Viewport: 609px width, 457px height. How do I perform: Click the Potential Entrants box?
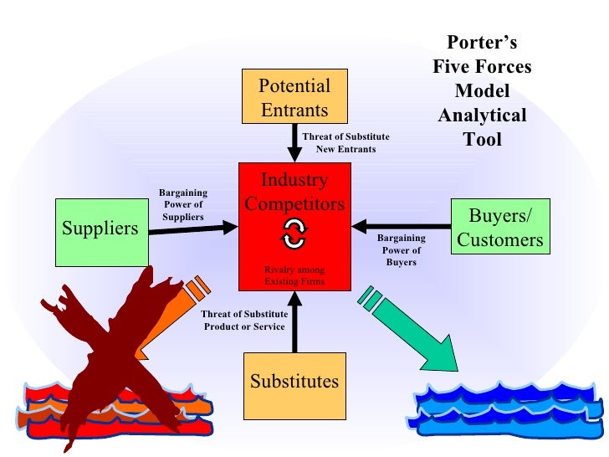(x=294, y=97)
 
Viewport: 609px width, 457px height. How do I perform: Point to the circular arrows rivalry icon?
(x=294, y=235)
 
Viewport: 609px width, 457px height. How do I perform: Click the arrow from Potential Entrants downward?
(x=294, y=143)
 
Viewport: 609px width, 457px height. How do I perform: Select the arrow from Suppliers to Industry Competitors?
(x=192, y=228)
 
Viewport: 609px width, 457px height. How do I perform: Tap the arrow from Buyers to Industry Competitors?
(x=402, y=225)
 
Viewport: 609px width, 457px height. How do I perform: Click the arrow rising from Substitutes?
(x=294, y=326)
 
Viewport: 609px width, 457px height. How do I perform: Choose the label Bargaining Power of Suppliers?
(x=182, y=205)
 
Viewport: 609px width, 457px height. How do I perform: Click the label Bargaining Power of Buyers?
(x=401, y=250)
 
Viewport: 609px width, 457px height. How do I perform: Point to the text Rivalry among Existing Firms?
(x=294, y=277)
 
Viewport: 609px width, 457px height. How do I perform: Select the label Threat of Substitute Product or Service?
(x=244, y=320)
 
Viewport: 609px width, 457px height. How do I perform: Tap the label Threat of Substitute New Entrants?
(x=345, y=142)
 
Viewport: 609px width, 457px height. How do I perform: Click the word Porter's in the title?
(x=482, y=43)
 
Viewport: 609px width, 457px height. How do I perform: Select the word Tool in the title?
(x=482, y=139)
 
